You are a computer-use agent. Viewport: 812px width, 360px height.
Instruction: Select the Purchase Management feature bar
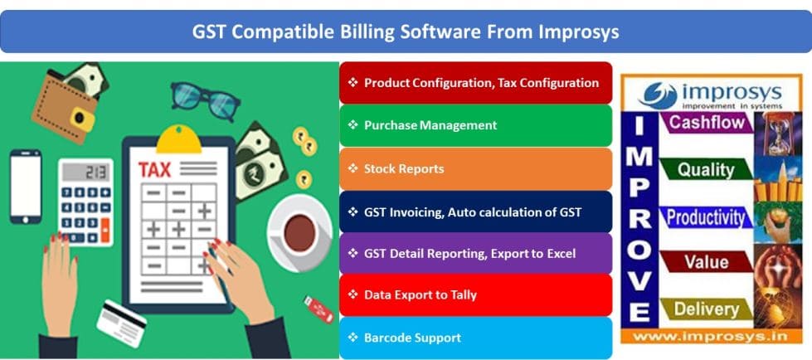(x=475, y=125)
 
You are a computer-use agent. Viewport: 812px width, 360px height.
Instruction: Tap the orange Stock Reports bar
(x=475, y=168)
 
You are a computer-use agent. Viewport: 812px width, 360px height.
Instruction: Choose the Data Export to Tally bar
(x=475, y=294)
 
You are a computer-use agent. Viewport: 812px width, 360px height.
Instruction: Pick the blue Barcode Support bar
(x=475, y=338)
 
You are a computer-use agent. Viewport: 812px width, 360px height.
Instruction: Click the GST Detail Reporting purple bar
(x=475, y=252)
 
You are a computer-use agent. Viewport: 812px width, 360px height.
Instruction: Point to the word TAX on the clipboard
(x=155, y=170)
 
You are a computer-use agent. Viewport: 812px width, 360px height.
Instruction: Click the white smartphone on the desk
(x=25, y=186)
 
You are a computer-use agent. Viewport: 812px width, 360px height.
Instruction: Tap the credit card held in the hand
(x=121, y=324)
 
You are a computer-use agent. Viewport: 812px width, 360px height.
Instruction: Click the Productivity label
(x=707, y=217)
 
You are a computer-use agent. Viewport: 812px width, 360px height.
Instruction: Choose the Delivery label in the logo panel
(x=706, y=309)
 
